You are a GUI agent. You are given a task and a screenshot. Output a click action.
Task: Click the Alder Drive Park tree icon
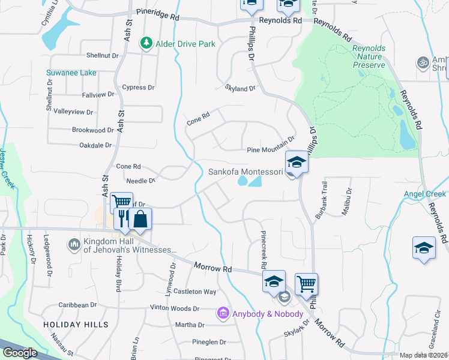point(145,43)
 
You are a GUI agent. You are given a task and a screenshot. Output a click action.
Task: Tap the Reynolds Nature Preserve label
point(373,56)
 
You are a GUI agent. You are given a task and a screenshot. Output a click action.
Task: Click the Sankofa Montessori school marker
point(296,163)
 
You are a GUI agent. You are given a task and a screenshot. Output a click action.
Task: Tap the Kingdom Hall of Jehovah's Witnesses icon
point(74,245)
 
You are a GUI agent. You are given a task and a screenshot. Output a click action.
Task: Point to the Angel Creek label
point(424,194)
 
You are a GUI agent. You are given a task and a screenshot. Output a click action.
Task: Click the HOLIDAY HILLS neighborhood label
point(76,325)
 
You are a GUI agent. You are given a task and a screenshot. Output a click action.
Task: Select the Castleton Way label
point(194,292)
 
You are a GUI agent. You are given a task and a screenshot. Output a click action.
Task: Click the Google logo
point(20,353)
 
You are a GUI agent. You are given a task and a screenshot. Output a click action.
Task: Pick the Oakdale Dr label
point(96,145)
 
